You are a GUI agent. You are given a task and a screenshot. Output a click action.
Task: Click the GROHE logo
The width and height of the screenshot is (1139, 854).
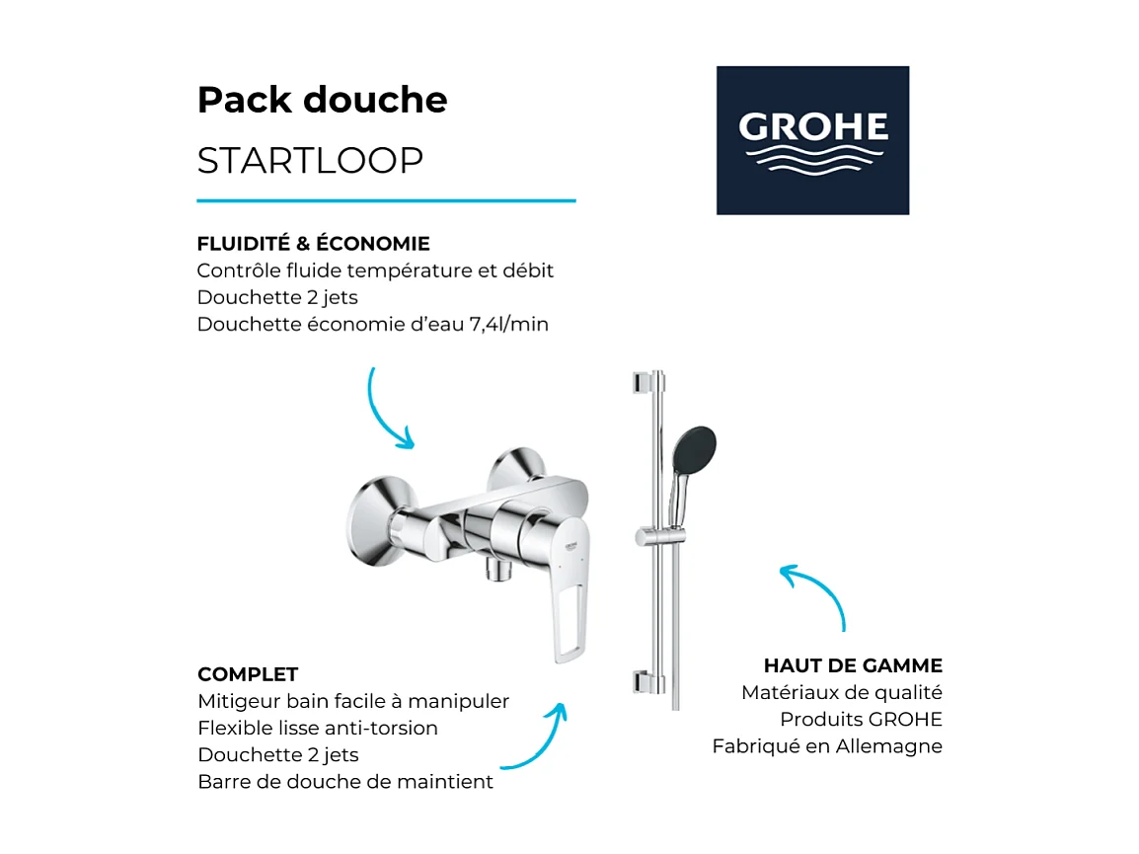click(812, 140)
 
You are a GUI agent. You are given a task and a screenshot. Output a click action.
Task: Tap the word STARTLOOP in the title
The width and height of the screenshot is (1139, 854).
click(310, 160)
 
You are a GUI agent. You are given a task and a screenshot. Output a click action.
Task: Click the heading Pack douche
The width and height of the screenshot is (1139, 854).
click(322, 100)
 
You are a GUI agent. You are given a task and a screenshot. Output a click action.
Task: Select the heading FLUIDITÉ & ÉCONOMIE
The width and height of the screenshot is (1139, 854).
click(313, 243)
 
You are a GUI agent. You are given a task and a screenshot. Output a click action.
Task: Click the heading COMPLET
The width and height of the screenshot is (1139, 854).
click(248, 674)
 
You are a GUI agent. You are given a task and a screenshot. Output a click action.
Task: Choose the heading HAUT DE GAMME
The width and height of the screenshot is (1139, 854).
click(853, 665)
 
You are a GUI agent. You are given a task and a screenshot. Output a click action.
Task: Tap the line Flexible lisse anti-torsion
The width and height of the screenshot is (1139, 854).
click(318, 728)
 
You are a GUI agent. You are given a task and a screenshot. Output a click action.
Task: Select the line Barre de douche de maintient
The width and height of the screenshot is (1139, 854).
click(345, 782)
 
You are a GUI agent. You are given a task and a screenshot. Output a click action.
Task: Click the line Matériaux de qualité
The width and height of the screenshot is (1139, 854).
click(842, 693)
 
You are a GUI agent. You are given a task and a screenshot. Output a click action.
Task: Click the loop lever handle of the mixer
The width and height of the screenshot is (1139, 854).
click(568, 612)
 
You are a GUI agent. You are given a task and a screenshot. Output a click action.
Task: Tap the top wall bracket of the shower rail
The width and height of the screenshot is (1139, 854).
click(643, 382)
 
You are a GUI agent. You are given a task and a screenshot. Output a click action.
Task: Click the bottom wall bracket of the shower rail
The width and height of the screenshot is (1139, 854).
click(643, 681)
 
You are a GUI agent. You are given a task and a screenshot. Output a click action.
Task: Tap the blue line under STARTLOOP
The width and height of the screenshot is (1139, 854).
click(386, 200)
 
